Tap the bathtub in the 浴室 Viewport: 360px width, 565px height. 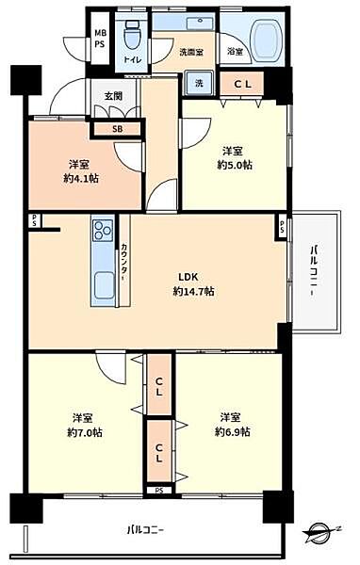pos(268,40)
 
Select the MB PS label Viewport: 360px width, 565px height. pos(100,39)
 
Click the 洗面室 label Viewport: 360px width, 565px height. pos(191,52)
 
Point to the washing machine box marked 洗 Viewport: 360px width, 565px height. pos(199,83)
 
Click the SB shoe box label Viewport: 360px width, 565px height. pos(117,129)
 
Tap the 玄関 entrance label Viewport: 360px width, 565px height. pos(113,96)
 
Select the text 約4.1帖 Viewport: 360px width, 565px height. pos(81,178)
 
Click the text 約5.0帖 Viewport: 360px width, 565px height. pos(235,165)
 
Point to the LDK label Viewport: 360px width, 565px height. pos(188,277)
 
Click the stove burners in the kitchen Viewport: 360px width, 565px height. pos(103,231)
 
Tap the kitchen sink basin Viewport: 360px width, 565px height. pos(104,284)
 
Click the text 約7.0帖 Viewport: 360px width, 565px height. pos(85,432)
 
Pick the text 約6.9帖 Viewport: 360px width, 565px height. pos(233,431)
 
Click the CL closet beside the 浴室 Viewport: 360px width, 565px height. pos(242,84)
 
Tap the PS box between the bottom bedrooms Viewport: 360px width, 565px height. pos(159,490)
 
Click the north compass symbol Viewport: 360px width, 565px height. pos(321,531)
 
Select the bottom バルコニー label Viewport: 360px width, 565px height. pos(145,530)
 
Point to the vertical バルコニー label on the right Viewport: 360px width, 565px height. pos(315,270)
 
